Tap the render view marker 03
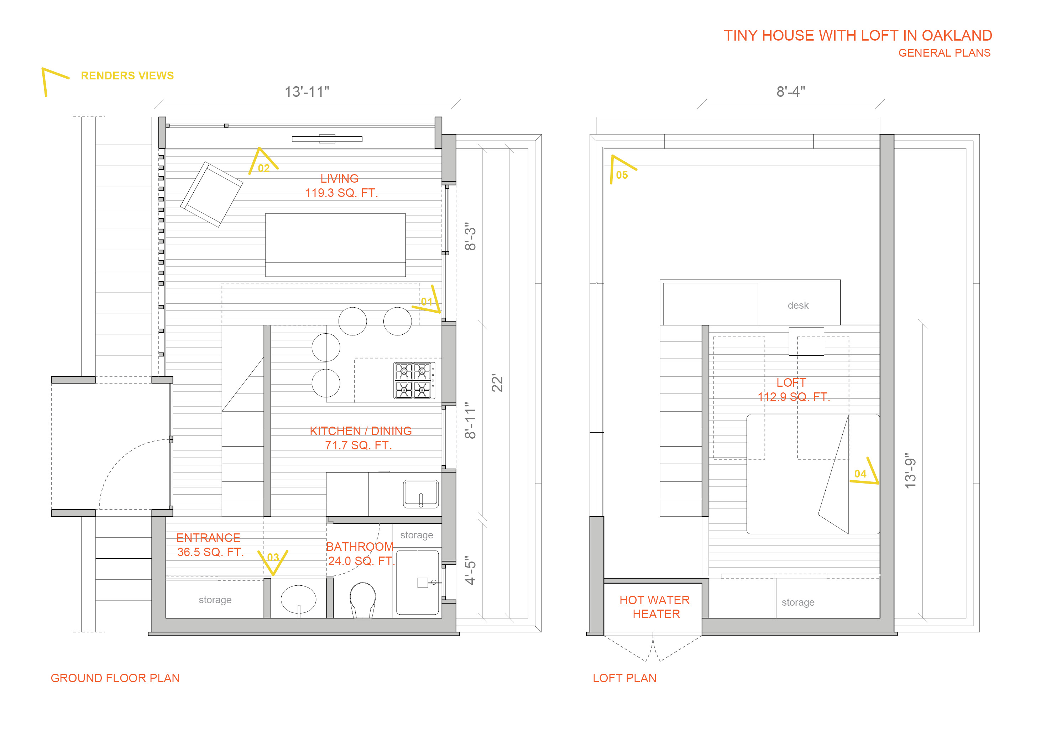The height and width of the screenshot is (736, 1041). (x=273, y=560)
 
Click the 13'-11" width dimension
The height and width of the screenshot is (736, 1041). (x=307, y=92)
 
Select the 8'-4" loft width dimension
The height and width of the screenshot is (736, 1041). (x=790, y=92)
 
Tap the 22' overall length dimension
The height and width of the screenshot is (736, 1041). (x=497, y=383)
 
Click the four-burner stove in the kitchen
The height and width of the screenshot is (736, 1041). (x=413, y=381)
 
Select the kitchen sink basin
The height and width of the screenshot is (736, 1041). (x=421, y=494)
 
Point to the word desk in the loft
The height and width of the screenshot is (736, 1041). (x=798, y=306)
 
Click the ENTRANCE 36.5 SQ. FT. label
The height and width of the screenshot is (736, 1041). (x=209, y=545)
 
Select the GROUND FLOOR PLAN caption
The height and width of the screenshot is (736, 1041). (x=115, y=678)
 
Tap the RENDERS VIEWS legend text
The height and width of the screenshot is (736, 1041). (x=127, y=76)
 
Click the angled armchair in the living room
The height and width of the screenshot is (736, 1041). (x=211, y=194)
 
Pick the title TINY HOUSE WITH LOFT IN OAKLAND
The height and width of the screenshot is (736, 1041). (x=857, y=35)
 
